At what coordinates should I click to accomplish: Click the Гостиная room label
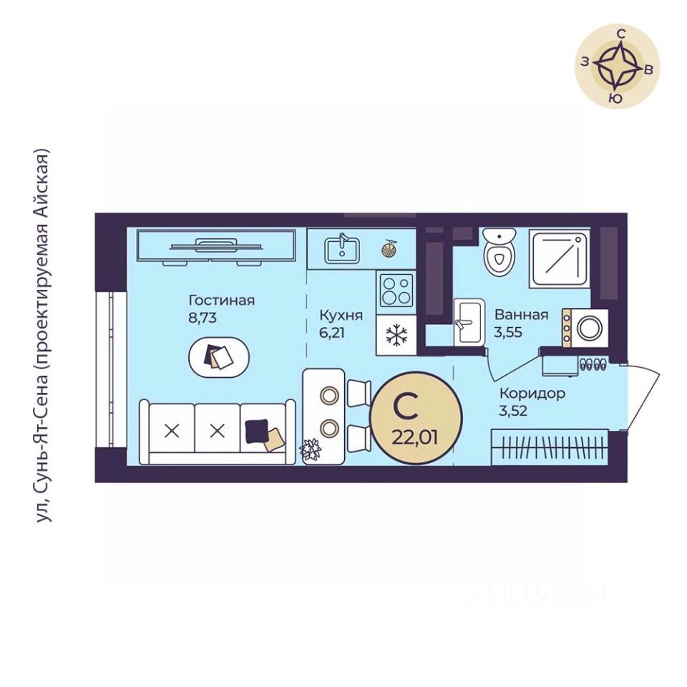tap(221, 301)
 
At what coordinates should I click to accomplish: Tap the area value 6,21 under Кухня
tap(331, 333)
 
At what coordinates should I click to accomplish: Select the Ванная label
tap(522, 315)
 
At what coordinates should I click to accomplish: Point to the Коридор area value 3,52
tap(512, 411)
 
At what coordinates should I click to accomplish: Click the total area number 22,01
tap(414, 437)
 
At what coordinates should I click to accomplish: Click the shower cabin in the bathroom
tap(560, 258)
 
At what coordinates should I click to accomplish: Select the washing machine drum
tap(590, 328)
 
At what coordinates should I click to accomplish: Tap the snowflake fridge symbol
tap(396, 335)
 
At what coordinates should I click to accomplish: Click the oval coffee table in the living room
tap(219, 356)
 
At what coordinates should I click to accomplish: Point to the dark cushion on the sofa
tap(256, 431)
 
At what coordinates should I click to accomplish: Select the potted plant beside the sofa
tap(310, 449)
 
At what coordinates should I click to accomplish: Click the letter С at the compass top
tap(621, 34)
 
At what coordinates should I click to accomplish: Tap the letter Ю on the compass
tap(616, 99)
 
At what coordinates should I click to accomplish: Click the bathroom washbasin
tap(469, 322)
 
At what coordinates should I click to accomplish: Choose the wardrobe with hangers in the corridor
tap(550, 447)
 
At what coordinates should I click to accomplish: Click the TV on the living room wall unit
tap(216, 245)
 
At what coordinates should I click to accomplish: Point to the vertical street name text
tap(43, 336)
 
